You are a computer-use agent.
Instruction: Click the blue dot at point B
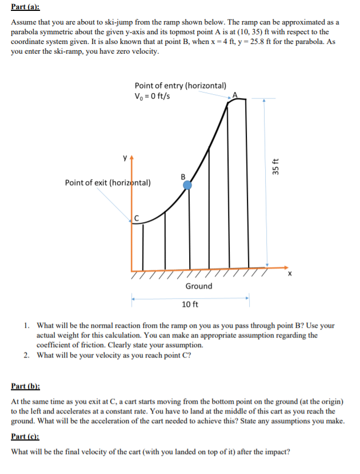pyautogui.click(x=187, y=185)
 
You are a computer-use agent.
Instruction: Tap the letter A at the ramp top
pyautogui.click(x=235, y=95)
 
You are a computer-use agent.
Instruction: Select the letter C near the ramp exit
pyautogui.click(x=137, y=216)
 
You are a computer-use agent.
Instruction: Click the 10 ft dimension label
pyautogui.click(x=190, y=304)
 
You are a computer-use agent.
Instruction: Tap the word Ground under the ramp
pyautogui.click(x=198, y=286)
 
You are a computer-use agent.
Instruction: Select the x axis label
pyautogui.click(x=290, y=274)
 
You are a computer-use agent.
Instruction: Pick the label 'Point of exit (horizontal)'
pyautogui.click(x=107, y=183)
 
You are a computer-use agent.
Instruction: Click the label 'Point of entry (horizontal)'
pyautogui.click(x=180, y=85)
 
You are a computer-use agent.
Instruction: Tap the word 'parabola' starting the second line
pyautogui.click(x=26, y=32)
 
